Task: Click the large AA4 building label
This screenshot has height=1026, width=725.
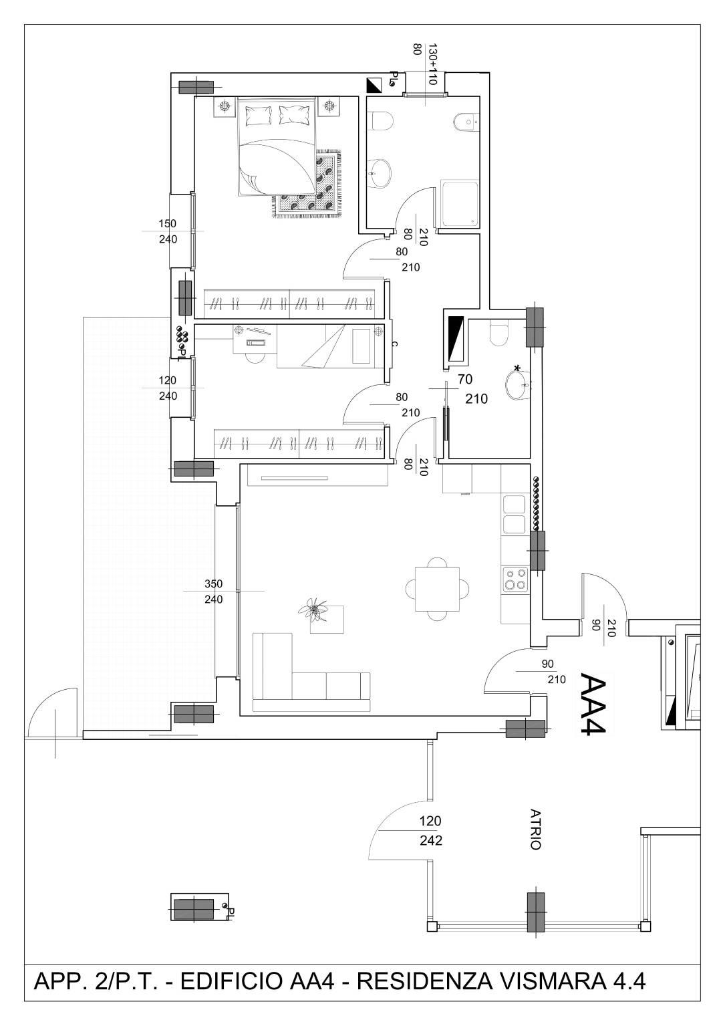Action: click(x=594, y=704)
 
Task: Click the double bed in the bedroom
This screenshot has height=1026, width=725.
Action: click(x=277, y=146)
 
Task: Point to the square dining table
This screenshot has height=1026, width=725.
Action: click(x=438, y=589)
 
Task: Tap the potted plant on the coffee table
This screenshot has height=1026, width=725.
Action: click(x=314, y=610)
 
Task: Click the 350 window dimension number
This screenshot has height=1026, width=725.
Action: click(x=213, y=584)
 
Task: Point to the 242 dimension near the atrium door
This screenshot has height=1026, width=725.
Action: click(x=431, y=840)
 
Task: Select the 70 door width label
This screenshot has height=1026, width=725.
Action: click(x=465, y=379)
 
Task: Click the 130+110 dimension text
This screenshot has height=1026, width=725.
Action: click(x=432, y=64)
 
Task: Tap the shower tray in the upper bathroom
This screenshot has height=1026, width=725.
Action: click(x=459, y=203)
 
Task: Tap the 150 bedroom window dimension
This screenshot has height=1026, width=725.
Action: click(x=168, y=224)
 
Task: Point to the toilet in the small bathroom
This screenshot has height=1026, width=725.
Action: click(x=498, y=333)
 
